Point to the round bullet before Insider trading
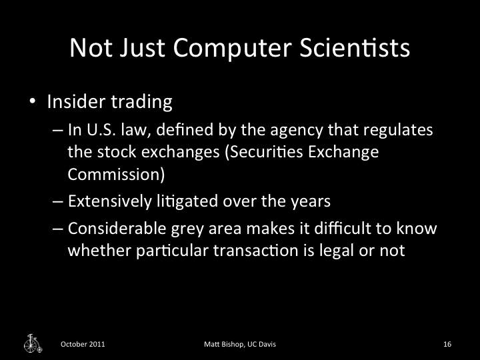(32, 103)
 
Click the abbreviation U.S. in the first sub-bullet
(99, 130)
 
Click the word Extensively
(109, 200)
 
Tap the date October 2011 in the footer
(83, 344)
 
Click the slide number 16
(447, 344)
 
